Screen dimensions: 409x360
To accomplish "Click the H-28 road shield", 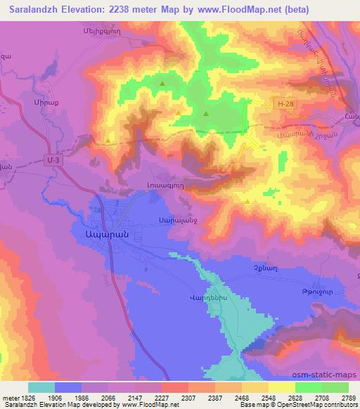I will [283, 104].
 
